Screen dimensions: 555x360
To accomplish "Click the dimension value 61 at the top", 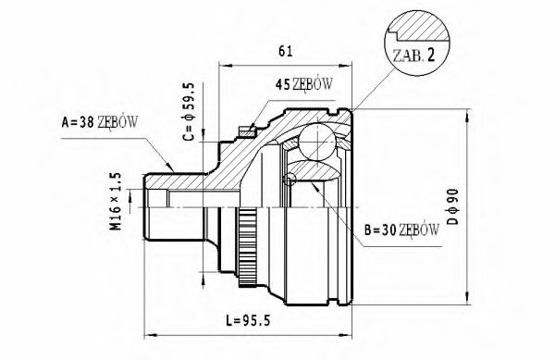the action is tap(285, 51).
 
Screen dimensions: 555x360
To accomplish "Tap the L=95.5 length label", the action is tap(248, 321).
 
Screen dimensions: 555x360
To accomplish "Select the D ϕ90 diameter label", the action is tap(452, 206).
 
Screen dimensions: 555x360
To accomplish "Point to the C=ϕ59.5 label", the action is tap(189, 112).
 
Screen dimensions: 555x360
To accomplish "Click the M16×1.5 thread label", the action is tap(116, 201).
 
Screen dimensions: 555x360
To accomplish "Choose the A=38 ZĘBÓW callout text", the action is tap(100, 122).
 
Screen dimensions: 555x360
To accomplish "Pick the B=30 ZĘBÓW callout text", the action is tap(401, 230).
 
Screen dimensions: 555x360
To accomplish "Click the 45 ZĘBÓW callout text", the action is tap(304, 84).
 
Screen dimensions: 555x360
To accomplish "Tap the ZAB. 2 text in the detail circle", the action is tap(413, 56).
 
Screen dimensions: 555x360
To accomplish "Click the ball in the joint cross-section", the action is tap(316, 142).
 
